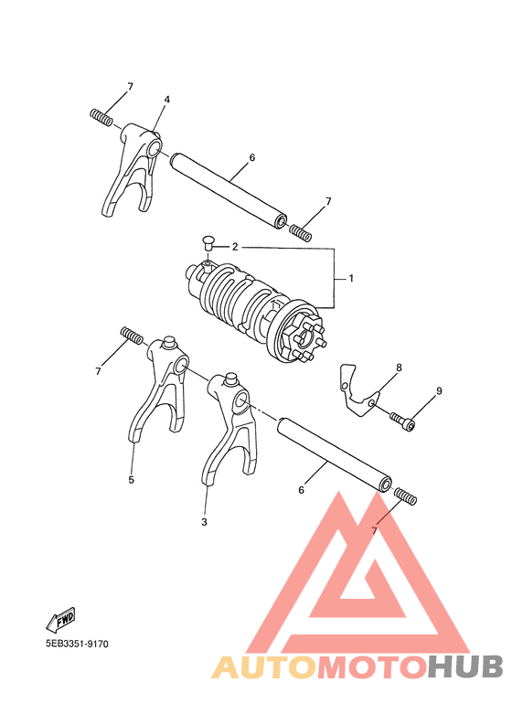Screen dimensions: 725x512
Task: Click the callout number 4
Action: click(x=167, y=99)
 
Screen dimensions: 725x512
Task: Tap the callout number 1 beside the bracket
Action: click(x=351, y=278)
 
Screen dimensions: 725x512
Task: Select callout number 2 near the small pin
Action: click(x=235, y=247)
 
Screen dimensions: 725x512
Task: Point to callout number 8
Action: click(x=399, y=368)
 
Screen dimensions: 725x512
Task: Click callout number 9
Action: click(x=438, y=391)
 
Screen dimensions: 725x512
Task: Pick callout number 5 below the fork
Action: click(x=131, y=479)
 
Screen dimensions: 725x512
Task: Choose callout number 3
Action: click(x=204, y=522)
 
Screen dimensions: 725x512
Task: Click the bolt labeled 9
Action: click(x=402, y=421)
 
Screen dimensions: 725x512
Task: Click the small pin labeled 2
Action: click(x=208, y=242)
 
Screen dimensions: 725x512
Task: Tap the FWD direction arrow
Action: click(x=60, y=621)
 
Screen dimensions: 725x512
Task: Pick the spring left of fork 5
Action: click(x=133, y=336)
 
